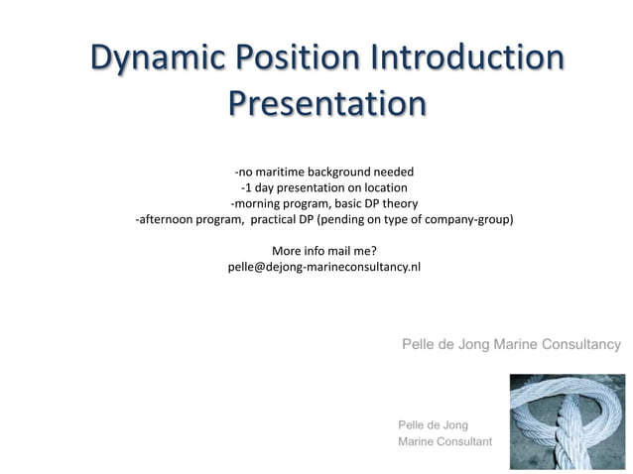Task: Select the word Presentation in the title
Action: click(326, 104)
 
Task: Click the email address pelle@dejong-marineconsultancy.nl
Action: click(323, 267)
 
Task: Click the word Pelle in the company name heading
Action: click(419, 344)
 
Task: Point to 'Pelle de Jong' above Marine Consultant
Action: click(433, 424)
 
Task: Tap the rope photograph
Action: click(565, 421)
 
